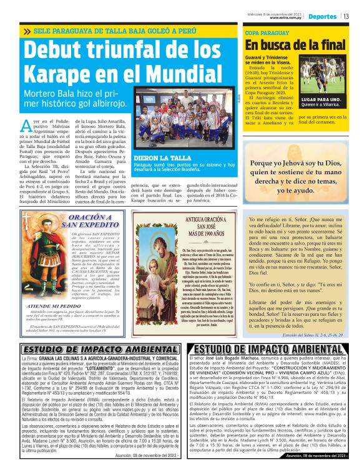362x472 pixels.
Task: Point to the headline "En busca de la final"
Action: pyautogui.click(x=295, y=45)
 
